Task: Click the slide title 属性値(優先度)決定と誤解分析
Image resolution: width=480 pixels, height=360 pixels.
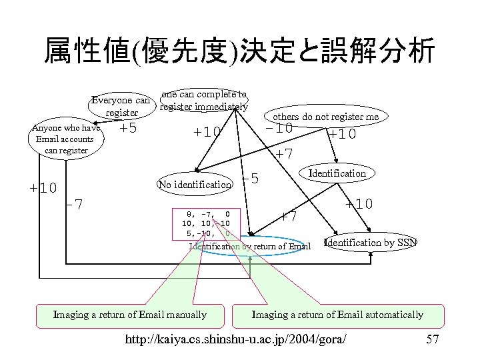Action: (239, 51)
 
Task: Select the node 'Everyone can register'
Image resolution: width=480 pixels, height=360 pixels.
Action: (121, 107)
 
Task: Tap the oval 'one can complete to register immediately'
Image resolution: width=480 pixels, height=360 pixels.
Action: (204, 101)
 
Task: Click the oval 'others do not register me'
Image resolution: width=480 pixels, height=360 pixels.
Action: (325, 117)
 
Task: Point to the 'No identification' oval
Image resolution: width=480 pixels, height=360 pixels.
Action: (195, 184)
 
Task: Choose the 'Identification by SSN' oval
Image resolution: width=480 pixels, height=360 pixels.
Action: (370, 242)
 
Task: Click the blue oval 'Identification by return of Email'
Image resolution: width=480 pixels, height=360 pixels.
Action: (250, 246)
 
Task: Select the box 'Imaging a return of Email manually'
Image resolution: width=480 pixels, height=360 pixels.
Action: (130, 315)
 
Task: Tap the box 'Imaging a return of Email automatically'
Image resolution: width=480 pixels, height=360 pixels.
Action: (337, 315)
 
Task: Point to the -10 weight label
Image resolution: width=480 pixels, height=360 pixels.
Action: (279, 127)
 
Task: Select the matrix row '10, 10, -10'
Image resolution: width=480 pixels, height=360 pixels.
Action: (206, 224)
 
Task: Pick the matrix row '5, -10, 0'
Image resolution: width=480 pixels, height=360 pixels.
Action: (206, 233)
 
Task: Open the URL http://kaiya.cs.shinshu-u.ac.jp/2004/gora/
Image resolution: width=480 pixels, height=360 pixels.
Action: (236, 340)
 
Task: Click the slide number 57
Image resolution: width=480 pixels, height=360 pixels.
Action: (432, 340)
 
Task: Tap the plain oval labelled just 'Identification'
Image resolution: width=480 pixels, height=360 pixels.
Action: (337, 173)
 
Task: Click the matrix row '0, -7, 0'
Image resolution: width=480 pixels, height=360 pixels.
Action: (206, 215)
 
